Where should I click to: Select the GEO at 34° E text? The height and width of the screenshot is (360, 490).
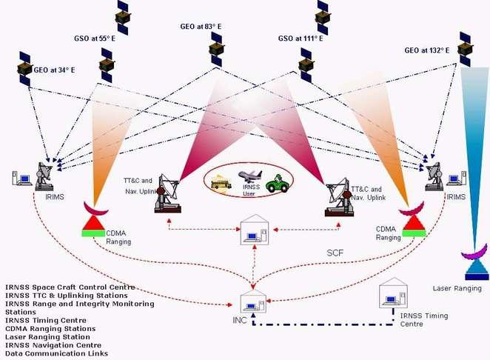coord(54,70)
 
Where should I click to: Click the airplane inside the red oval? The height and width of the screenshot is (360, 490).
coord(250,176)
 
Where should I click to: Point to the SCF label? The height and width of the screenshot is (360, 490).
coord(336,253)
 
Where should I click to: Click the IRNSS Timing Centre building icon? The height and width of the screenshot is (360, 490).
coord(392,296)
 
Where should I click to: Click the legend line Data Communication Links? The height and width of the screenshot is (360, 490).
coord(56,354)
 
